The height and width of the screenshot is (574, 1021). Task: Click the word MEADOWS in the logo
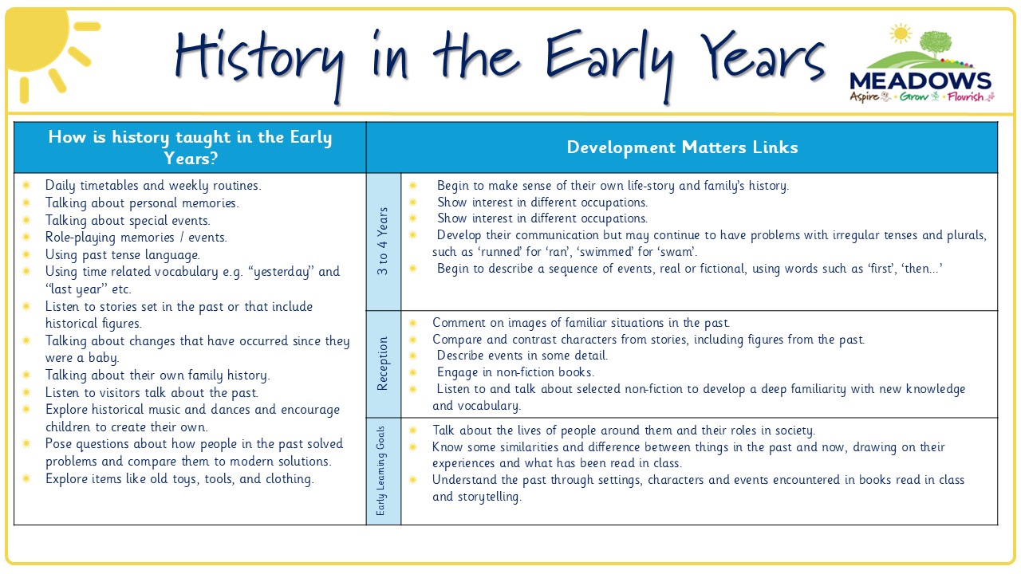[920, 81]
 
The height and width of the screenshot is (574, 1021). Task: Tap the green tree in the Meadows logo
[936, 44]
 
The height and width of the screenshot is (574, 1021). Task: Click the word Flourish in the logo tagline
[965, 96]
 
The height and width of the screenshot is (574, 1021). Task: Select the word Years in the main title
[763, 57]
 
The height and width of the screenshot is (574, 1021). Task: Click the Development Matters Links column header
[682, 147]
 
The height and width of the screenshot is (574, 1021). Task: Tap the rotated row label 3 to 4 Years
[383, 241]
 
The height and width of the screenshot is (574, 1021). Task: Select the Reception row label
[382, 364]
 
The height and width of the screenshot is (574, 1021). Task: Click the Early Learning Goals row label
[380, 470]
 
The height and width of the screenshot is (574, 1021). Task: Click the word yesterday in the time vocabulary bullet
[281, 272]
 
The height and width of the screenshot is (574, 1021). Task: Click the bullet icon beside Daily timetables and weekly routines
[26, 185]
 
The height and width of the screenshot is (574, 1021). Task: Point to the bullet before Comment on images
[413, 323]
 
